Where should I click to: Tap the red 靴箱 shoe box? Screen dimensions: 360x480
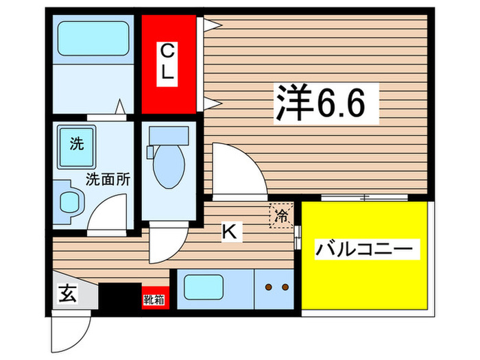[x=154, y=298]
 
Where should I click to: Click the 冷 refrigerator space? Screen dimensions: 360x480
[x=282, y=216]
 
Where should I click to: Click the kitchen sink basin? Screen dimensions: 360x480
[x=204, y=287]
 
